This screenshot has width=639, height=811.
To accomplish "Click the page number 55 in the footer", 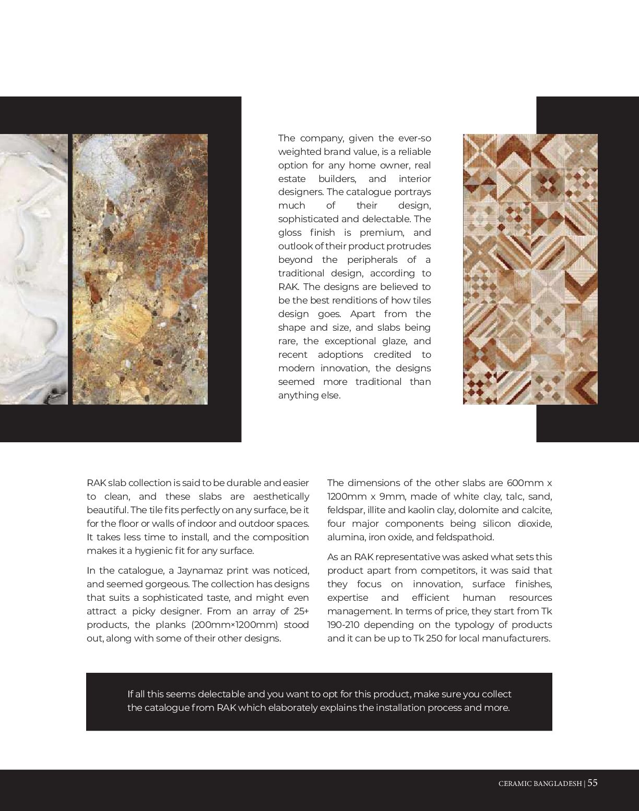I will pyautogui.click(x=593, y=782).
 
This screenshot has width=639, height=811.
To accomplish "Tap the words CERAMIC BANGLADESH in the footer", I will pyautogui.click(x=540, y=783).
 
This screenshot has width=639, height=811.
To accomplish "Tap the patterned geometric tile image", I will pyautogui.click(x=530, y=269).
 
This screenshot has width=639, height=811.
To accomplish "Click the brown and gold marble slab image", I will pyautogui.click(x=140, y=269).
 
